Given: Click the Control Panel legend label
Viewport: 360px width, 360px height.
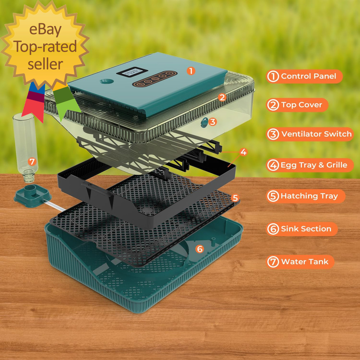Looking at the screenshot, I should click(x=304, y=76).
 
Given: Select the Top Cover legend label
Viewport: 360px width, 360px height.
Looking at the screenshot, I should click(x=297, y=105).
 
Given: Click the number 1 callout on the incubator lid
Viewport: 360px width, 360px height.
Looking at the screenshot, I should click(x=191, y=71).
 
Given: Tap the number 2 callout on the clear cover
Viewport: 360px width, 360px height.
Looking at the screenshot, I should click(x=222, y=97).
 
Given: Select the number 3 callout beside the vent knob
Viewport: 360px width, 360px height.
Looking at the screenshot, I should click(x=212, y=122).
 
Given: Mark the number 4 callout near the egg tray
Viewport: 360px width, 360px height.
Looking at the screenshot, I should click(x=243, y=152).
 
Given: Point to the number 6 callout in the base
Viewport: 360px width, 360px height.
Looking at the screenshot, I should click(x=200, y=249).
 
